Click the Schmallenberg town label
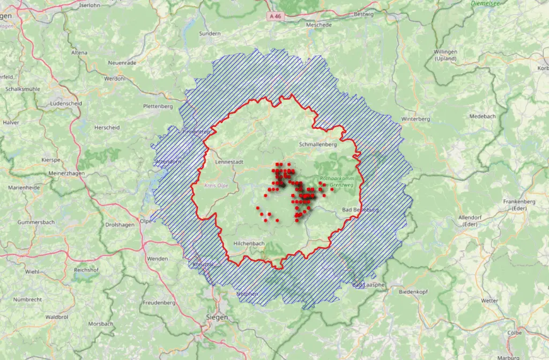pyautogui.click(x=318, y=144)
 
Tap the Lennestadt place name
pyautogui.click(x=229, y=161)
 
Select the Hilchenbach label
pyautogui.click(x=249, y=243)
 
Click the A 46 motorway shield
pyautogui.click(x=276, y=16)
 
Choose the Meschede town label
pyautogui.click(x=318, y=25)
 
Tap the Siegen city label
pyautogui.click(x=217, y=317)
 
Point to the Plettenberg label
pyautogui.click(x=158, y=106)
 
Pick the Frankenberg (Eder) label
pyautogui.click(x=520, y=204)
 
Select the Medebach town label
pyautogui.click(x=482, y=116)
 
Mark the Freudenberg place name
pyautogui.click(x=159, y=303)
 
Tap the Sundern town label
pyautogui.click(x=210, y=33)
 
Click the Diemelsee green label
pyautogui.click(x=485, y=3)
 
